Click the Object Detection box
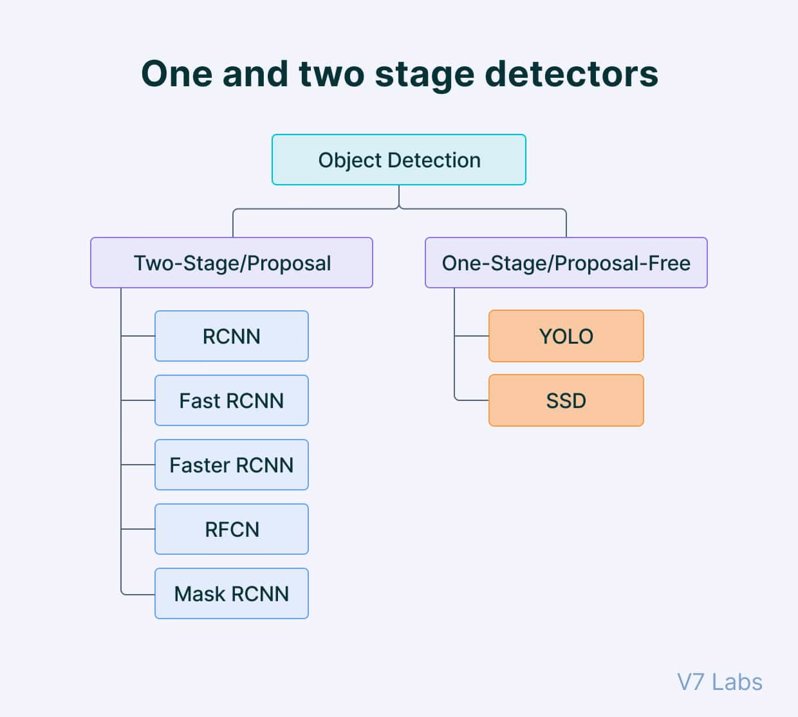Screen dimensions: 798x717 pos(398,160)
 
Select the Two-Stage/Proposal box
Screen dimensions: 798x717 pos(232,263)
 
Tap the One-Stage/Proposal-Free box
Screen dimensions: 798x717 pos(566,263)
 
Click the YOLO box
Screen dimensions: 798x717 pos(566,336)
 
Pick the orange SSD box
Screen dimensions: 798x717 pos(566,400)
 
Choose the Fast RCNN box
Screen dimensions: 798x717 pos(232,400)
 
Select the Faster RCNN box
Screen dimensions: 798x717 pos(232,465)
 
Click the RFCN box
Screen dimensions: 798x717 pos(232,529)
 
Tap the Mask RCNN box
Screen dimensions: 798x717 pos(232,593)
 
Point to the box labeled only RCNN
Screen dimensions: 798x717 pos(232,336)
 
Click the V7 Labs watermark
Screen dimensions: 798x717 pos(719,682)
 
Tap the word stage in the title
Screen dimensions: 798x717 pos(425,77)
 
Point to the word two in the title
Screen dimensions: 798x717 pos(331,75)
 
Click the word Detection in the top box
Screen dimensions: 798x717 pos(434,160)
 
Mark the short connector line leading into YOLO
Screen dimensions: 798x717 pos(472,336)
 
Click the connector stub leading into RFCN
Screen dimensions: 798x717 pos(138,529)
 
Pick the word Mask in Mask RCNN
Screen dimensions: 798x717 pos(199,593)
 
